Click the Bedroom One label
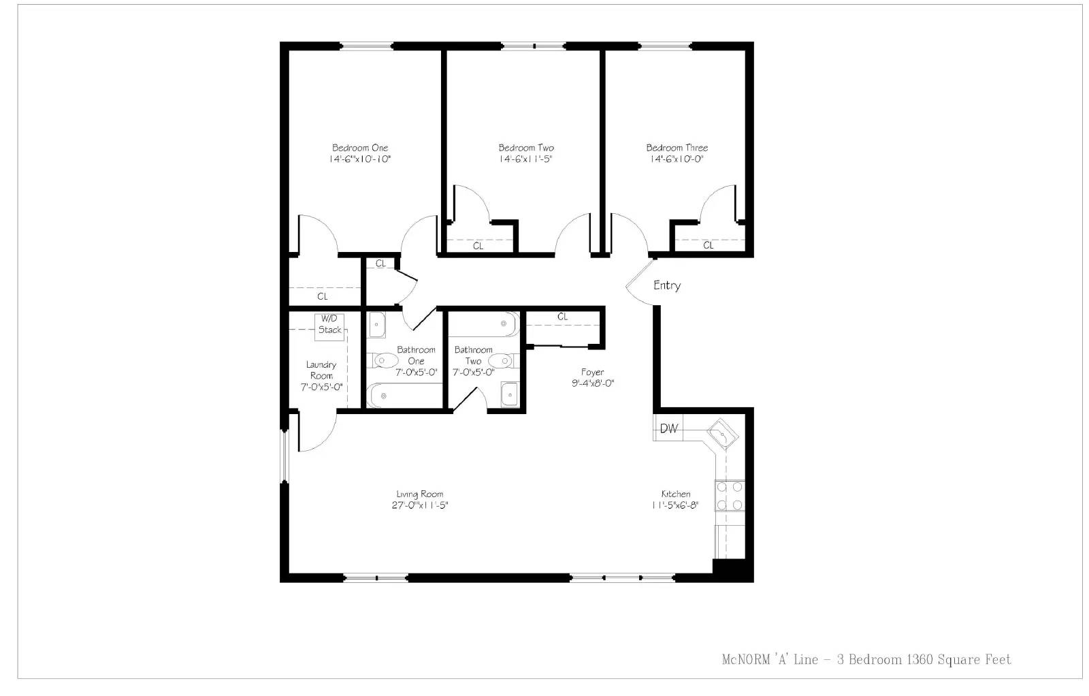pyautogui.click(x=360, y=147)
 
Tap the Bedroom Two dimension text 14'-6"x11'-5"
pyautogui.click(x=525, y=159)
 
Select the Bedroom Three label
pyautogui.click(x=677, y=147)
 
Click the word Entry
pyautogui.click(x=667, y=285)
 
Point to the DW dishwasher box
pyautogui.click(x=668, y=428)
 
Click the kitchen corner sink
pyautogui.click(x=723, y=433)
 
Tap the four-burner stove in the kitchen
pyautogui.click(x=730, y=496)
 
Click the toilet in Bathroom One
pyautogui.click(x=384, y=361)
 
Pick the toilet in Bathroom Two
pyautogui.click(x=503, y=361)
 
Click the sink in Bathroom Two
pyautogui.click(x=510, y=394)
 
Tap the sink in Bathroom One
pyautogui.click(x=377, y=325)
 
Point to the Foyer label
pyautogui.click(x=592, y=372)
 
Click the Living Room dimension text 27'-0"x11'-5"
pyautogui.click(x=420, y=505)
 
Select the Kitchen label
pyautogui.click(x=676, y=494)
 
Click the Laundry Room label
pyautogui.click(x=321, y=370)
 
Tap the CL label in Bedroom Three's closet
pyautogui.click(x=709, y=246)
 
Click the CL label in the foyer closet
pyautogui.click(x=562, y=317)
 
